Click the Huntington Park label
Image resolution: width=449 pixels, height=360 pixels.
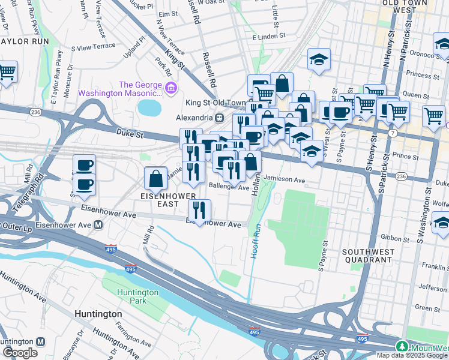138,296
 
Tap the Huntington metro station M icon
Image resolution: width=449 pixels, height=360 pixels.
40,341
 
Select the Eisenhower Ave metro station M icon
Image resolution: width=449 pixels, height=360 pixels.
98,225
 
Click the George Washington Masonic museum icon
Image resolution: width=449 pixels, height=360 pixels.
171,89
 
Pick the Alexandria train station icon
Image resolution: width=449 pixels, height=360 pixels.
220,118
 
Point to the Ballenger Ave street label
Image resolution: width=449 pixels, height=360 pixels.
228,187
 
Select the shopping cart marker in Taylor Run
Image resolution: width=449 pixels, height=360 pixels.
6,72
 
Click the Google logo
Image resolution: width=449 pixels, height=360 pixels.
20,353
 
